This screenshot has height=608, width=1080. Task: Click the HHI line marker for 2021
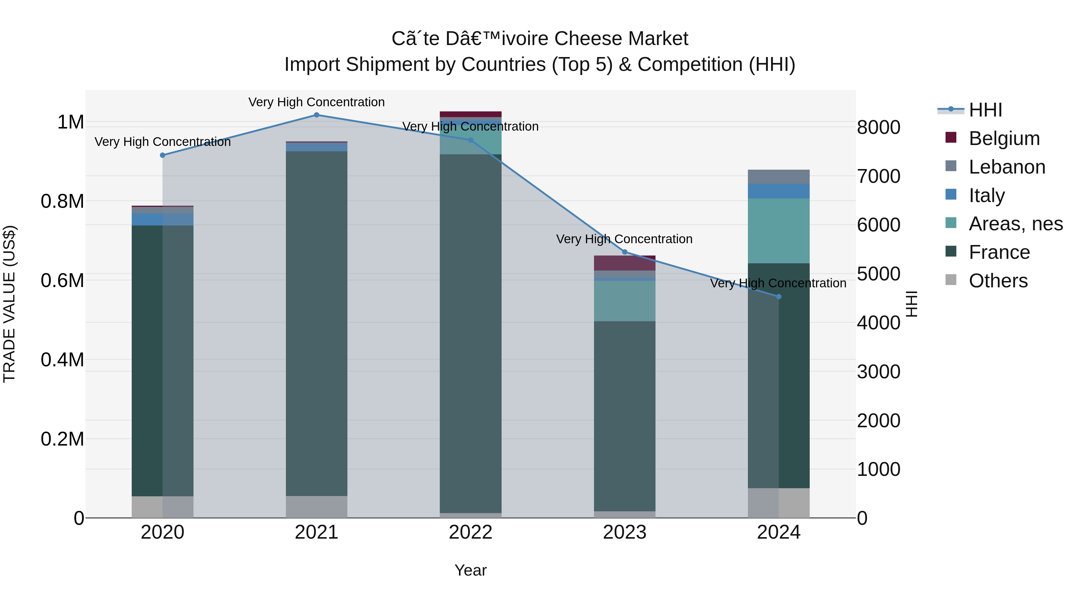pyautogui.click(x=316, y=115)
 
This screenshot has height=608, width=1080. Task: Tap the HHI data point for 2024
pyautogui.click(x=778, y=297)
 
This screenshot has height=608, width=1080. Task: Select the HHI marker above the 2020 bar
pyautogui.click(x=163, y=155)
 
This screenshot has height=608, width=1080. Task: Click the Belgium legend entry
pyautogui.click(x=1004, y=138)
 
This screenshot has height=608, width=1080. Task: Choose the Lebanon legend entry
pyautogui.click(x=1006, y=167)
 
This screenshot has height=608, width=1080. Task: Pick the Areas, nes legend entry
pyautogui.click(x=1015, y=224)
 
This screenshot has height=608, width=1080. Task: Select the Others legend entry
pyautogui.click(x=998, y=281)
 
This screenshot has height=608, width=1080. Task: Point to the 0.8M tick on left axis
pyautogui.click(x=62, y=201)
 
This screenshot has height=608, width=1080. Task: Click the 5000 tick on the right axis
pyautogui.click(x=878, y=274)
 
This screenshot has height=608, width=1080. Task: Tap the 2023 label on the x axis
pyautogui.click(x=624, y=532)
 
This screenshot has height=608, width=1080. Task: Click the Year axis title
pyautogui.click(x=470, y=570)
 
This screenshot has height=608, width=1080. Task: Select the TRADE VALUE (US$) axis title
pyautogui.click(x=9, y=304)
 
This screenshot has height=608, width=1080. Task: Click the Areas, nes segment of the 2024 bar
pyautogui.click(x=778, y=231)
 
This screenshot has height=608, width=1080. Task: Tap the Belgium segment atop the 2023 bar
pyautogui.click(x=624, y=263)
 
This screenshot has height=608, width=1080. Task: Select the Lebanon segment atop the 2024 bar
pyautogui.click(x=778, y=177)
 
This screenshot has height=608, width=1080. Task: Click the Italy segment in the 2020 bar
pyautogui.click(x=163, y=219)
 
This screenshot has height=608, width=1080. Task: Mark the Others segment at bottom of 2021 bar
pyautogui.click(x=316, y=507)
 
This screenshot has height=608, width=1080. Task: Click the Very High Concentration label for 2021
pyautogui.click(x=316, y=102)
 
